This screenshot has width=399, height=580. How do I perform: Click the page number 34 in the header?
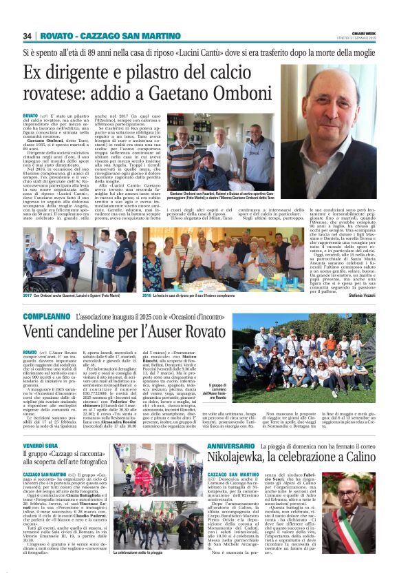pos(27,36)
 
